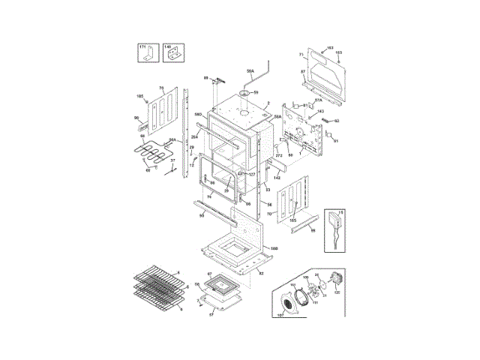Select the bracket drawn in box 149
(x=173, y=55)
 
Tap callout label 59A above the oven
(x=250, y=70)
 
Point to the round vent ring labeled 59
(x=244, y=94)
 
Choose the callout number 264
(x=194, y=136)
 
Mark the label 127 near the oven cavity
(x=251, y=174)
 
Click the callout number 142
(x=277, y=178)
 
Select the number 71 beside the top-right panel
(x=301, y=55)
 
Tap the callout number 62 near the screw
(x=337, y=121)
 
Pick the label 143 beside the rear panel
(x=320, y=111)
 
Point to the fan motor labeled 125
(x=337, y=292)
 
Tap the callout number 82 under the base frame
(x=260, y=274)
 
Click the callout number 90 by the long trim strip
(x=202, y=216)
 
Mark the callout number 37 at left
(x=172, y=160)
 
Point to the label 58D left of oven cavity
(x=199, y=115)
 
